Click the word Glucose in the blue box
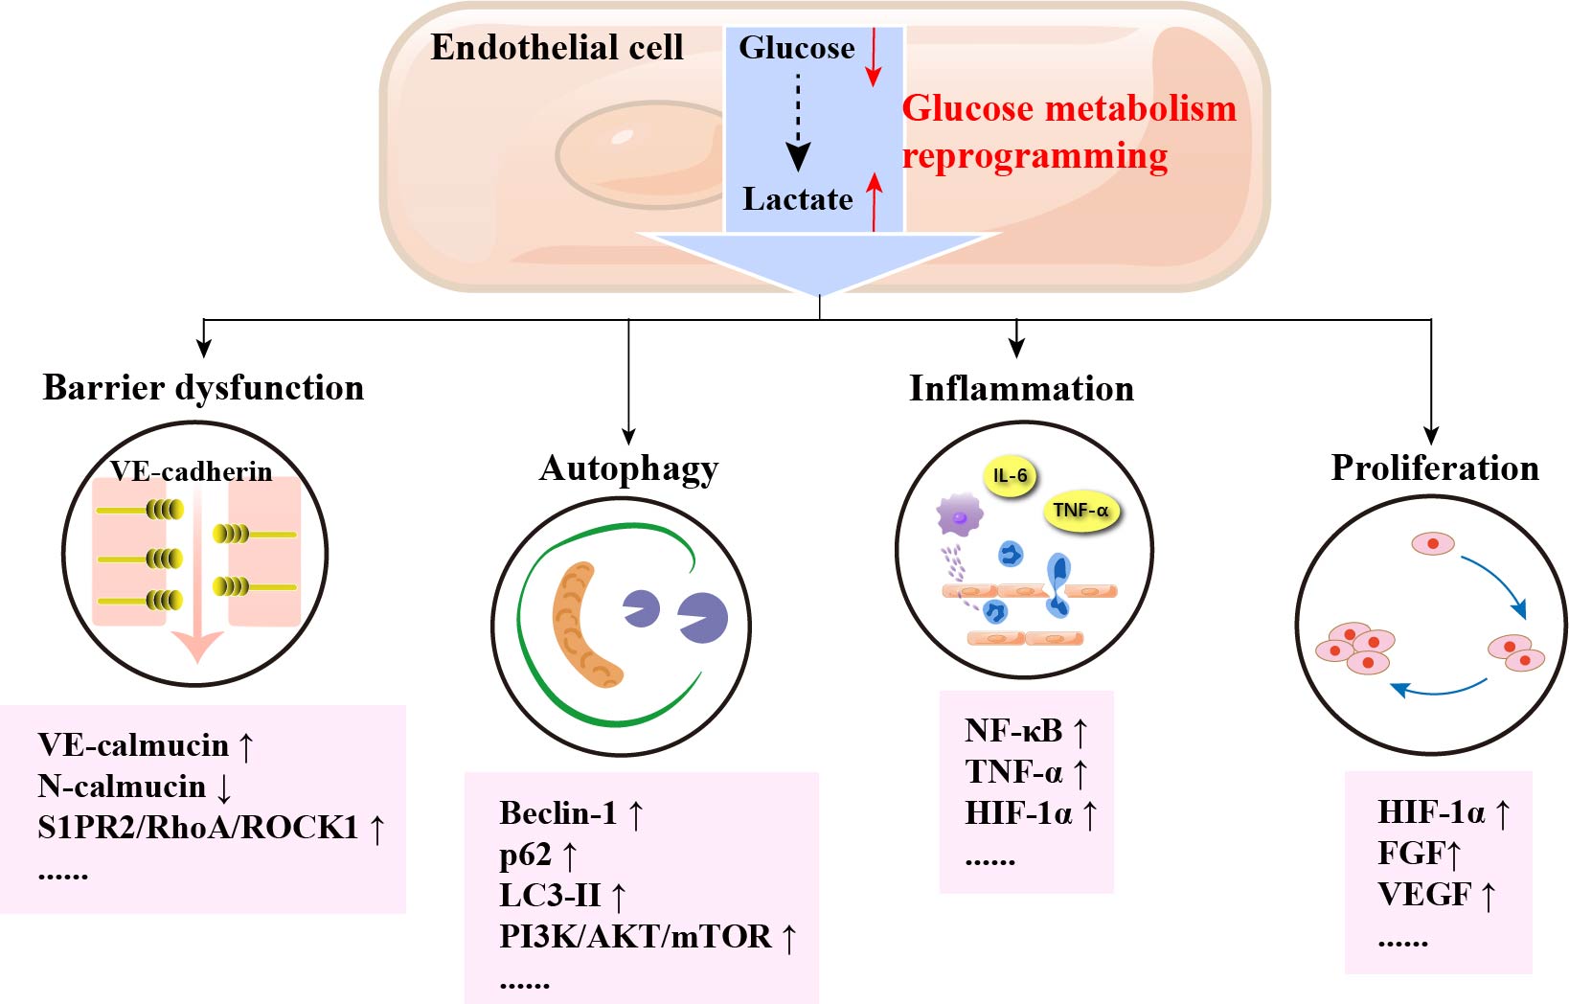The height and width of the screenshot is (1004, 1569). tap(796, 48)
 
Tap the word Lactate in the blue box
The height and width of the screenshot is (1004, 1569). tap(797, 199)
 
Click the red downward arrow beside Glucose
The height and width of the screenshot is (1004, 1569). tap(873, 57)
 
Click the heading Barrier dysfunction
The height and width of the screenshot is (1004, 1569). tap(203, 388)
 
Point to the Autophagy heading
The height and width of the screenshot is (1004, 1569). tap(628, 468)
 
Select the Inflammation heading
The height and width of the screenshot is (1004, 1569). tap(1021, 389)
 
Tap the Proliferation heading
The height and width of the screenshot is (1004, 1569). tap(1435, 468)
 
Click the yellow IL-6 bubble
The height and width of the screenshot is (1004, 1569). tap(1010, 476)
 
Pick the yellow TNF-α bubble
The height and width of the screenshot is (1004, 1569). tap(1080, 511)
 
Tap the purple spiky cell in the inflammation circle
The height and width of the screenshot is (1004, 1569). tap(959, 516)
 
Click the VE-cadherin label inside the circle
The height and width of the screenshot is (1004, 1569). tap(192, 471)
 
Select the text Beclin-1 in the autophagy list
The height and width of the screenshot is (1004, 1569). tap(558, 813)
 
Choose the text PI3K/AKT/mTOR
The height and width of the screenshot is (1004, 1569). tap(635, 937)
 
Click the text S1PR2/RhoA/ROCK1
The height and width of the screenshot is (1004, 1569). tap(197, 828)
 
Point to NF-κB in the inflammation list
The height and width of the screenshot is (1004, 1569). tap(1013, 731)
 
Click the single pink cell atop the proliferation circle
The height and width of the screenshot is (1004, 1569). tap(1433, 544)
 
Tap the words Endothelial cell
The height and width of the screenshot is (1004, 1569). tap(557, 48)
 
